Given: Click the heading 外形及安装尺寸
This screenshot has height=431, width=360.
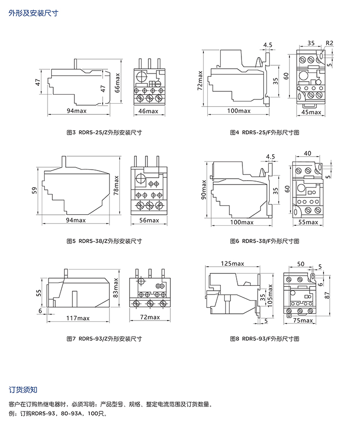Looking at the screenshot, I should tap(33, 13).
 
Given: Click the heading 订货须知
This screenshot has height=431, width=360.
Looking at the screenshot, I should tap(24, 389).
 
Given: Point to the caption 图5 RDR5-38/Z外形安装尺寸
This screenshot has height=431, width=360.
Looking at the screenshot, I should tap(104, 241).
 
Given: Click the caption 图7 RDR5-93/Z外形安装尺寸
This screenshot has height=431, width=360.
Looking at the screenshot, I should tap(104, 339).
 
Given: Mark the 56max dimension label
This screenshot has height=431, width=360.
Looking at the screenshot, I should tap(149, 221).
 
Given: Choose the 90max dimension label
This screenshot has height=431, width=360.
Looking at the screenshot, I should tap(204, 190).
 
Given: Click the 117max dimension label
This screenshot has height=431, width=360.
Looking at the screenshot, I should tap(77, 318).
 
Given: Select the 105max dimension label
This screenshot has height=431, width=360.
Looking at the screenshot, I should tap(270, 296).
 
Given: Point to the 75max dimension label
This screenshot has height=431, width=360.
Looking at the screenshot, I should tap(303, 320).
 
